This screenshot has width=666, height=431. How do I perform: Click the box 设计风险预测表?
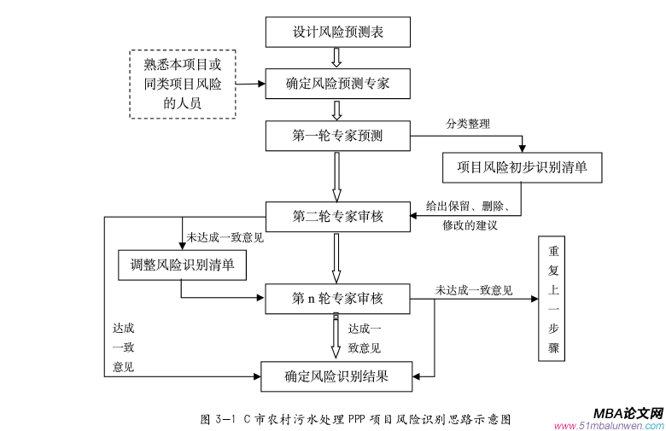click(x=338, y=32)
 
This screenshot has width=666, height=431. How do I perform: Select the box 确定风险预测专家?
click(x=338, y=84)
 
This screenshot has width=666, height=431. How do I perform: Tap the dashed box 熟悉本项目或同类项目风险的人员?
click(x=182, y=84)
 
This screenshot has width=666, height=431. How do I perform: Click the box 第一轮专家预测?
click(x=338, y=135)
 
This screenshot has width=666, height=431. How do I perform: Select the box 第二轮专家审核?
click(x=338, y=216)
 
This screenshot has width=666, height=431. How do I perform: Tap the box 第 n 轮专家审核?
click(x=338, y=298)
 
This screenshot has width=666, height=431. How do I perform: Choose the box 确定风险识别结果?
click(x=338, y=375)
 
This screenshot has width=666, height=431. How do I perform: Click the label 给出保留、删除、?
click(x=468, y=207)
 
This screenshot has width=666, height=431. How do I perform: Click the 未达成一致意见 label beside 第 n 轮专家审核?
click(x=474, y=290)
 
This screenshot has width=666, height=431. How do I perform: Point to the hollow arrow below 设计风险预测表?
click(x=337, y=57)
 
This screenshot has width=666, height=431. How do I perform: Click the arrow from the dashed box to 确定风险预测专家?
click(x=247, y=84)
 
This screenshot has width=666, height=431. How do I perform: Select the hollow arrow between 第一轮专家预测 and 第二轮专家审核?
click(x=337, y=175)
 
